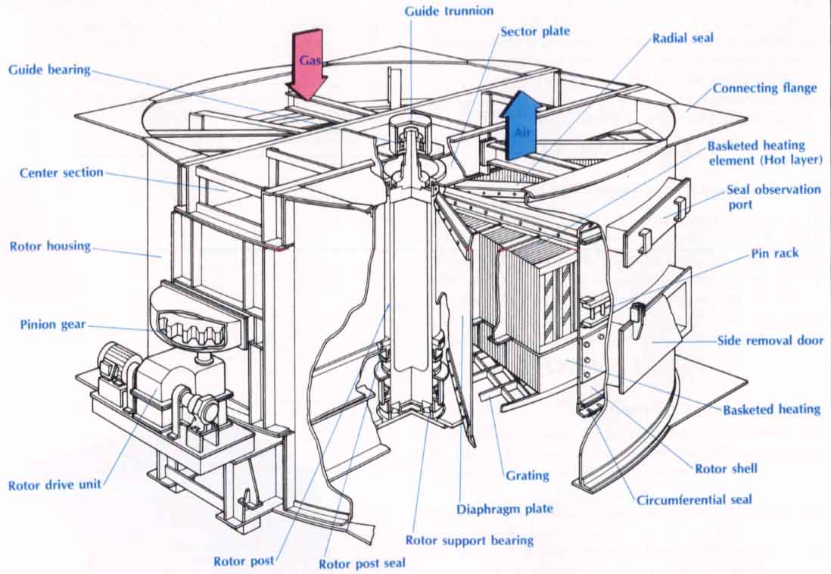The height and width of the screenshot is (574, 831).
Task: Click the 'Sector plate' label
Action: click(x=535, y=32)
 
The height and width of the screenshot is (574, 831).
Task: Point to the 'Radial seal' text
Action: click(x=683, y=38)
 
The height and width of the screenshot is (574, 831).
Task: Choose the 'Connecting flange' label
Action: click(x=764, y=88)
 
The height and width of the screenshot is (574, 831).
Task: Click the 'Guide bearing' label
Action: click(x=49, y=70)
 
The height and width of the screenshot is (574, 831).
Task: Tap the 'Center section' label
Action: click(x=61, y=173)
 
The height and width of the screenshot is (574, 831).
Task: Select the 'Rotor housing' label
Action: click(x=50, y=246)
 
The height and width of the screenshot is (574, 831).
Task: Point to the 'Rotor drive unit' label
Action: click(x=54, y=485)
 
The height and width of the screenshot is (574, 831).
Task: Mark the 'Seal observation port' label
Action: click(x=773, y=196)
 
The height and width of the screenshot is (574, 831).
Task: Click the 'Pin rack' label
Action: click(x=775, y=254)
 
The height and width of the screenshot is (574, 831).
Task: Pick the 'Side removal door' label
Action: click(x=770, y=341)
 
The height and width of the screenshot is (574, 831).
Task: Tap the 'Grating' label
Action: click(x=527, y=476)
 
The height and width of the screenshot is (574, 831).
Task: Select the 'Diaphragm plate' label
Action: click(x=504, y=509)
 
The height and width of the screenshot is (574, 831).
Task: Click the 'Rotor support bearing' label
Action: click(x=469, y=540)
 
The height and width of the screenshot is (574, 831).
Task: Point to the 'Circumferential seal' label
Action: click(x=694, y=500)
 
